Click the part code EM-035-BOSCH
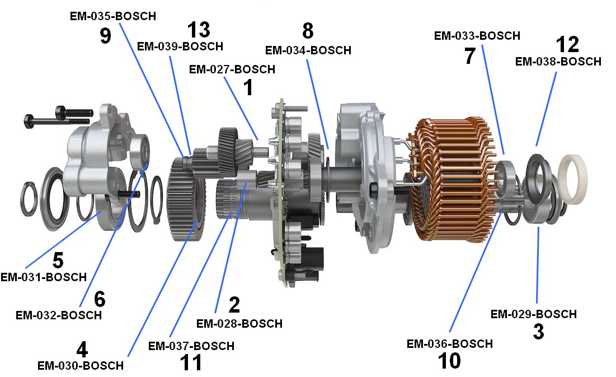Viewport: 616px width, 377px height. (113, 16)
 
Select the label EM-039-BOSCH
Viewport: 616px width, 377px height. (180, 46)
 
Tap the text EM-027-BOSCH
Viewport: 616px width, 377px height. (232, 69)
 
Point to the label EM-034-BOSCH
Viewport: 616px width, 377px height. (308, 50)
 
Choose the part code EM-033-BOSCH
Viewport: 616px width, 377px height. (477, 36)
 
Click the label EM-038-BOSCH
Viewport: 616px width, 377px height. (558, 62)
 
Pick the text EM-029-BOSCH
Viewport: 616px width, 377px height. (534, 314)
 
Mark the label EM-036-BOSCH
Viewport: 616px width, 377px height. (449, 344)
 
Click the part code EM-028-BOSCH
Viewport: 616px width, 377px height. (239, 323)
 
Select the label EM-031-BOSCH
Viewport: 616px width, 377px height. (44, 277)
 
